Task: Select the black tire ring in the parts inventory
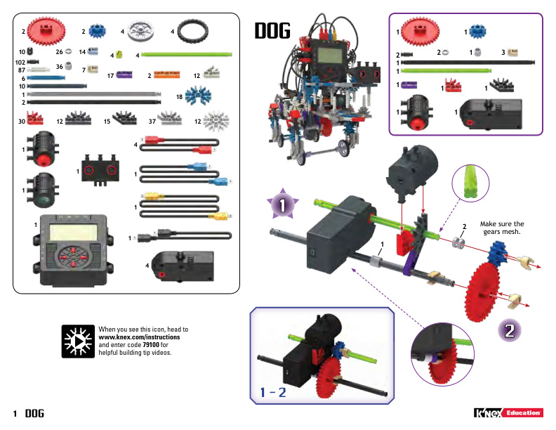tap(190, 31)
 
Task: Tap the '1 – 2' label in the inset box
tap(272, 391)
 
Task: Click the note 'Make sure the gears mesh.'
tap(501, 228)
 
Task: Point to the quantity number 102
tap(20, 62)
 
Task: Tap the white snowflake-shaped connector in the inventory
tap(213, 122)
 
